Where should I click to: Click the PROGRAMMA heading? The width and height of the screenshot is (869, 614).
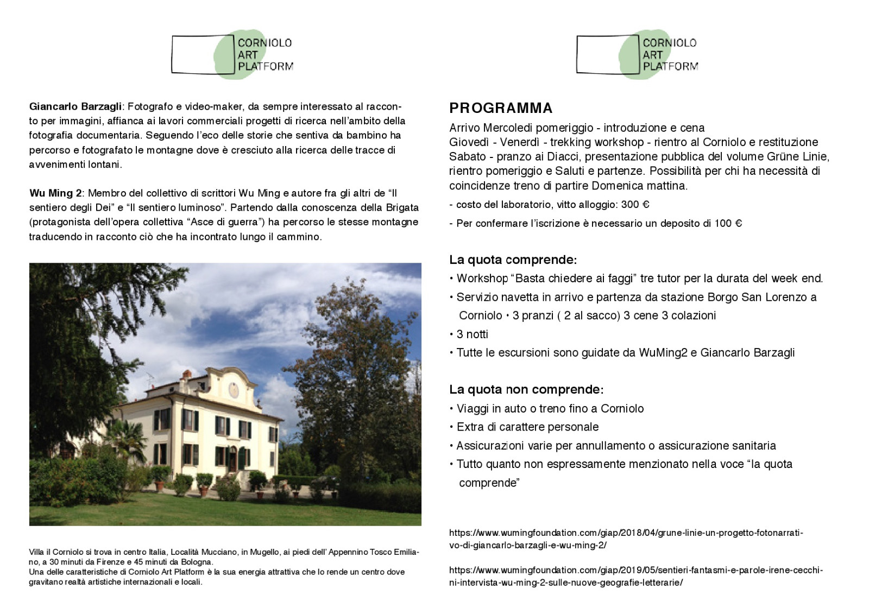501,108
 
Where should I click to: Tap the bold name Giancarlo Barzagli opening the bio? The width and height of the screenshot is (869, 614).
75,106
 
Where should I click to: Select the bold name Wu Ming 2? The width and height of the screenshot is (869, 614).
55,193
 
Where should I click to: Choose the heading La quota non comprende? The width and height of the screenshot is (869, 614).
526,389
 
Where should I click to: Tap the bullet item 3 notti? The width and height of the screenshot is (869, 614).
472,334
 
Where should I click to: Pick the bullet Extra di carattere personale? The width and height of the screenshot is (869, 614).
527,427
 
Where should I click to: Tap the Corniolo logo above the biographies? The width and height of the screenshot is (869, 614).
232,54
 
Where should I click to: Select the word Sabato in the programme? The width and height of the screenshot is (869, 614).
467,157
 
